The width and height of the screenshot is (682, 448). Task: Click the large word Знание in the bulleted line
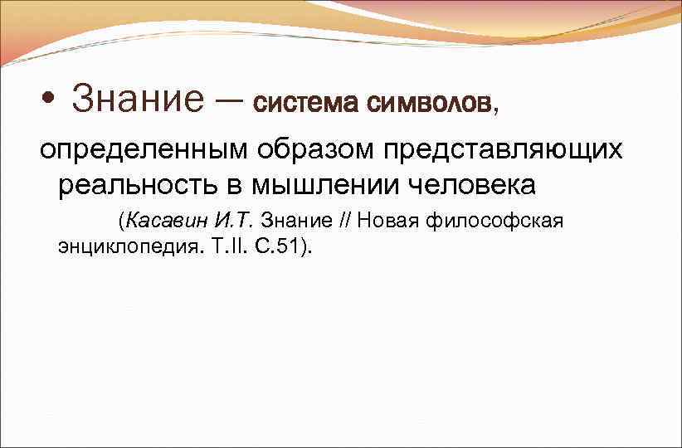click(x=137, y=100)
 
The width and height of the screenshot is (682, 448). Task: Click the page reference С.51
click(x=270, y=246)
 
